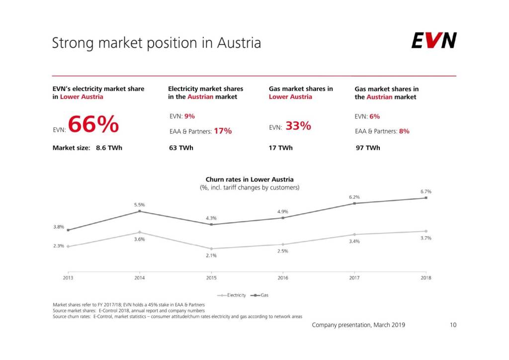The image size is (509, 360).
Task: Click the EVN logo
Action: point(433,41)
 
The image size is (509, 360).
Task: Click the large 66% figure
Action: point(93,125)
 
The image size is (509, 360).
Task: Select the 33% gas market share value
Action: point(298,126)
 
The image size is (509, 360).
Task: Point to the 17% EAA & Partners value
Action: point(223,131)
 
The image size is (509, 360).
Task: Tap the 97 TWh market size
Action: point(368,148)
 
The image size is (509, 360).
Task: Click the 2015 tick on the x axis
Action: point(211,278)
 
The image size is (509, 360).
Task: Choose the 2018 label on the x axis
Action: point(425,278)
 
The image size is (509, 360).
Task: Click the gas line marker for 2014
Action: point(140,211)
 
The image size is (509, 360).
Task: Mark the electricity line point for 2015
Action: point(211,249)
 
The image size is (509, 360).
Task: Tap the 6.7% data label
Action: point(425,191)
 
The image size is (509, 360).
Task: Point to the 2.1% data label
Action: point(211,256)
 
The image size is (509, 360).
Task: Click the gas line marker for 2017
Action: point(354,203)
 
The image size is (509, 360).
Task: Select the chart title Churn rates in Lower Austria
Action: point(250,180)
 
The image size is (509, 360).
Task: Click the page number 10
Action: point(452,325)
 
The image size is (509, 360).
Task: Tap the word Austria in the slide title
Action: point(239,43)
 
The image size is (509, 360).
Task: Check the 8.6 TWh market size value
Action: point(105,148)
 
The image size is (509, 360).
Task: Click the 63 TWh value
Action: point(181,148)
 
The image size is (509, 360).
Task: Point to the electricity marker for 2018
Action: point(426,231)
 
